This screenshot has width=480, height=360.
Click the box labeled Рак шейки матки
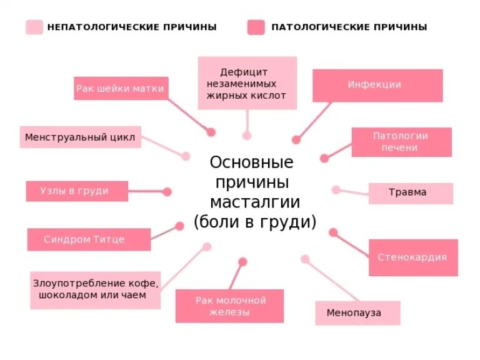pyautogui.click(x=121, y=88)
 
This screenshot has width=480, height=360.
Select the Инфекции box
pyautogui.click(x=377, y=85)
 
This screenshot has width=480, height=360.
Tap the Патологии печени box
pyautogui.click(x=401, y=142)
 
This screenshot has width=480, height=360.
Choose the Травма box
pyautogui.click(x=411, y=193)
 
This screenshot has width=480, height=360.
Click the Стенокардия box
pyautogui.click(x=412, y=257)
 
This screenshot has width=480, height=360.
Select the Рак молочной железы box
pyautogui.click(x=229, y=306)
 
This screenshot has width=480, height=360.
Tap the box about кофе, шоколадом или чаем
pyautogui.click(x=95, y=289)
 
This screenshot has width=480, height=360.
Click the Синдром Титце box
pyautogui.click(x=89, y=239)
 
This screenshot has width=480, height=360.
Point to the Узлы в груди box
pyautogui.click(x=76, y=191)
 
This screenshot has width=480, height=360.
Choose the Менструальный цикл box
pyautogui.click(x=80, y=137)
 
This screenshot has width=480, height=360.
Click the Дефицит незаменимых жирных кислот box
pyautogui.click(x=247, y=83)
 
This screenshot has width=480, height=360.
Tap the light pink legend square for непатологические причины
pyautogui.click(x=34, y=27)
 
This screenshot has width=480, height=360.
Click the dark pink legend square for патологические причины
pyautogui.click(x=256, y=27)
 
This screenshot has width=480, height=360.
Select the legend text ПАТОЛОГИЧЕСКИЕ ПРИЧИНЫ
pyautogui.click(x=349, y=27)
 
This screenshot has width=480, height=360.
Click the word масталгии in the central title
pyautogui.click(x=254, y=202)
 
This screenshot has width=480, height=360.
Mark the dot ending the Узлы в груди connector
pyautogui.click(x=167, y=192)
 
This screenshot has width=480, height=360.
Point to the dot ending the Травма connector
pyautogui.click(x=336, y=190)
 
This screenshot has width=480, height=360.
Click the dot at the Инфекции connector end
pyautogui.click(x=296, y=140)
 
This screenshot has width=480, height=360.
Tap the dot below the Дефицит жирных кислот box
pyautogui.click(x=247, y=135)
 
